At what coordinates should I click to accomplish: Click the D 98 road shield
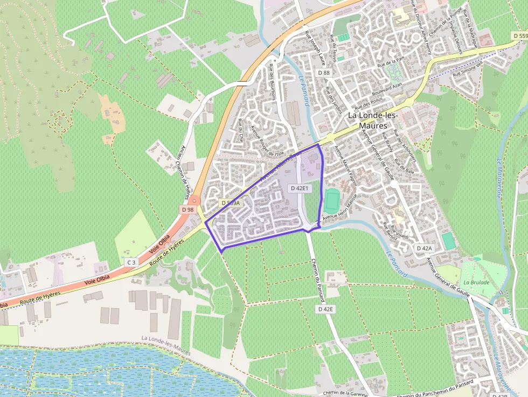[x=187, y=210]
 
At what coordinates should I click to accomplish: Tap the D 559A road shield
[x=230, y=203]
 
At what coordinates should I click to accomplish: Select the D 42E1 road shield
[x=299, y=189]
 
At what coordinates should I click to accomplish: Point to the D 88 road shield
[x=323, y=73]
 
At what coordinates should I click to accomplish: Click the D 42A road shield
[x=424, y=248]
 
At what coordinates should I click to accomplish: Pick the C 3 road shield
[x=131, y=262]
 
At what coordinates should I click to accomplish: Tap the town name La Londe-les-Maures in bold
[x=373, y=120]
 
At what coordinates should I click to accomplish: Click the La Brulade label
[x=476, y=282]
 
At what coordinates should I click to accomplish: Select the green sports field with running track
[x=331, y=201]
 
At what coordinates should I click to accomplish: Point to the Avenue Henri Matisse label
[x=340, y=210]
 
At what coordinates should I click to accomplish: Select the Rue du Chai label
[x=240, y=130]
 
